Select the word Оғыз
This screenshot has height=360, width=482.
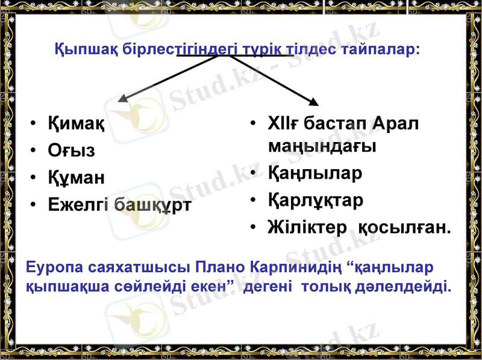pos(72,151)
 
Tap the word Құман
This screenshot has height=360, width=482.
pos(77,177)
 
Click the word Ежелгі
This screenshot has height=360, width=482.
pos(78,204)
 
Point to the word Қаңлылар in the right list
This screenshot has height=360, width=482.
pos(315,173)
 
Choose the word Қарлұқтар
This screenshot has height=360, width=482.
pos(316,200)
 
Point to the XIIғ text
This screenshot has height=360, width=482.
pos(283,124)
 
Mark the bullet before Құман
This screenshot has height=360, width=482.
pos(34,178)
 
